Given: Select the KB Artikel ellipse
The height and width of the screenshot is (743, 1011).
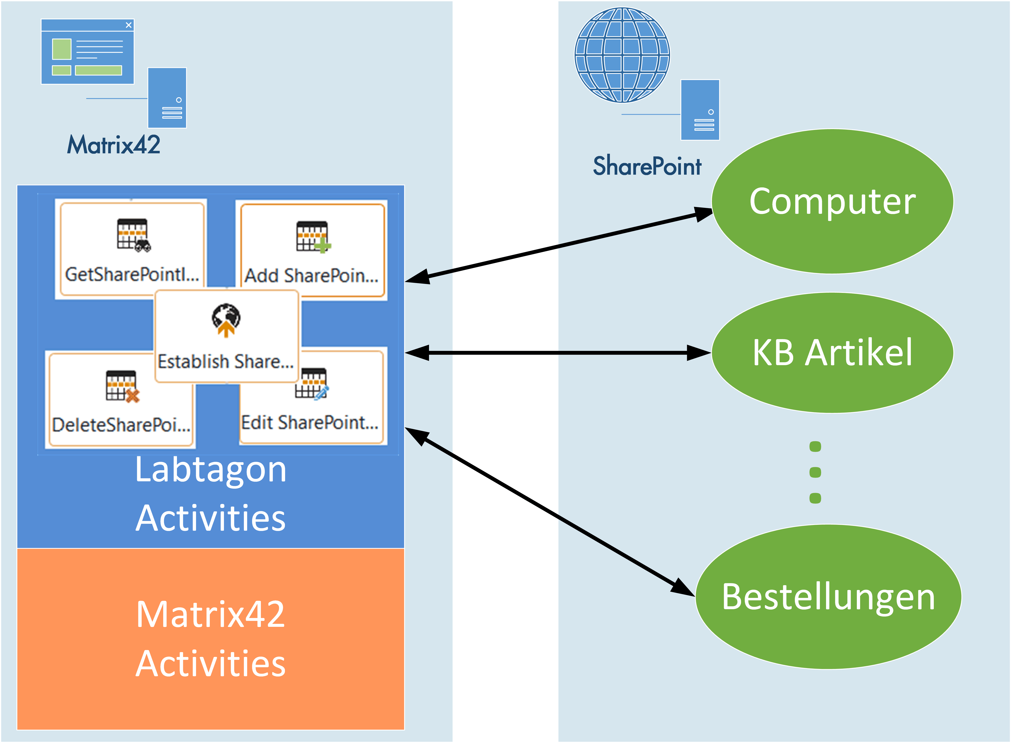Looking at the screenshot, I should (832, 353).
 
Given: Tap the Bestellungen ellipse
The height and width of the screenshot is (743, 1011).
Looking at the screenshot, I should (829, 597).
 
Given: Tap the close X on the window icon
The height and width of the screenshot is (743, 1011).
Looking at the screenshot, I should (129, 25).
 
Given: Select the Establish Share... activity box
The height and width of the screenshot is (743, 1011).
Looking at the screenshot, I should (226, 336).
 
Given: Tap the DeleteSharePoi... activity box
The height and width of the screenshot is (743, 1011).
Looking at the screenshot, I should (120, 400).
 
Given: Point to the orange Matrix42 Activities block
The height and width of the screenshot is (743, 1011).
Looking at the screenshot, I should (210, 639).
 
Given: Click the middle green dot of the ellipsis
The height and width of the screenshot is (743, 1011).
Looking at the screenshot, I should (815, 472).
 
